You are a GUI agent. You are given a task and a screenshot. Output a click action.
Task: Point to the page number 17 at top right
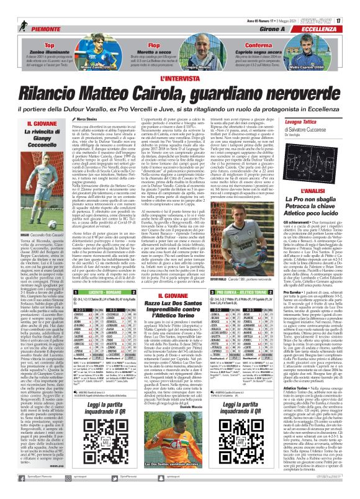click(352, 6)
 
